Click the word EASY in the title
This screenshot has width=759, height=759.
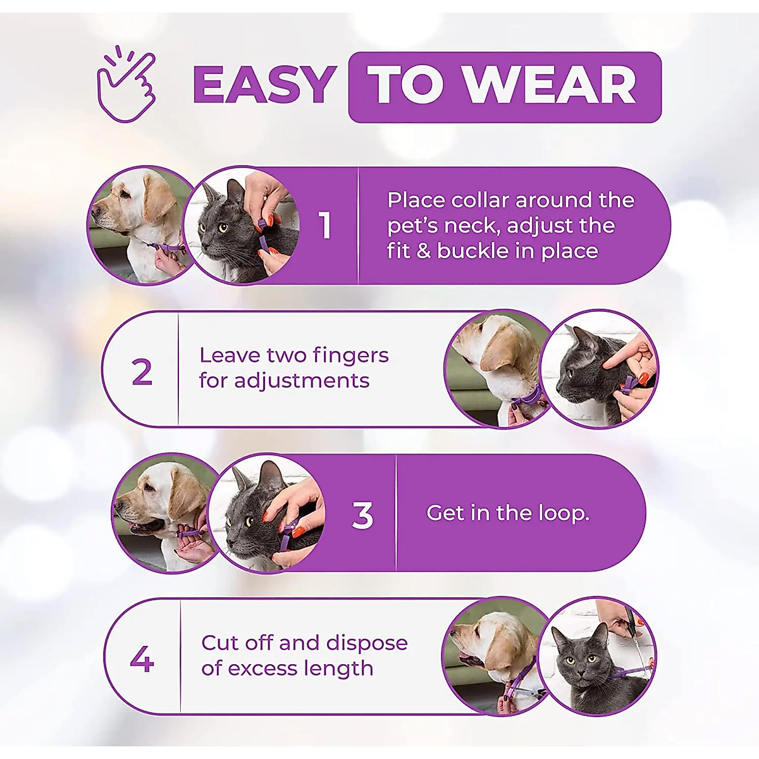point(264,87)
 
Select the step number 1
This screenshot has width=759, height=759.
point(326,225)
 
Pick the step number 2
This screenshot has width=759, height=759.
point(142,372)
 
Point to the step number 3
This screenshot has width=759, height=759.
point(362,516)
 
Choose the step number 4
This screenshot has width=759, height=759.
point(142,660)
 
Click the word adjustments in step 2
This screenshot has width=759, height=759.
point(285,381)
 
